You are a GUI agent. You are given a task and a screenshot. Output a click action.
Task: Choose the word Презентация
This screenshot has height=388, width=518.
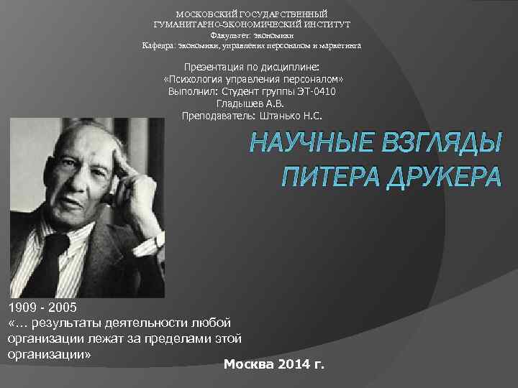pos(222,68)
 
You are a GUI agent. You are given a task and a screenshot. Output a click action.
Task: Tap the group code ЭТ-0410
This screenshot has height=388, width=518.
pos(311,92)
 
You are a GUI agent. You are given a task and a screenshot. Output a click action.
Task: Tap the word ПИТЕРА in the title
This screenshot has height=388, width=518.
pos(323,177)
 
